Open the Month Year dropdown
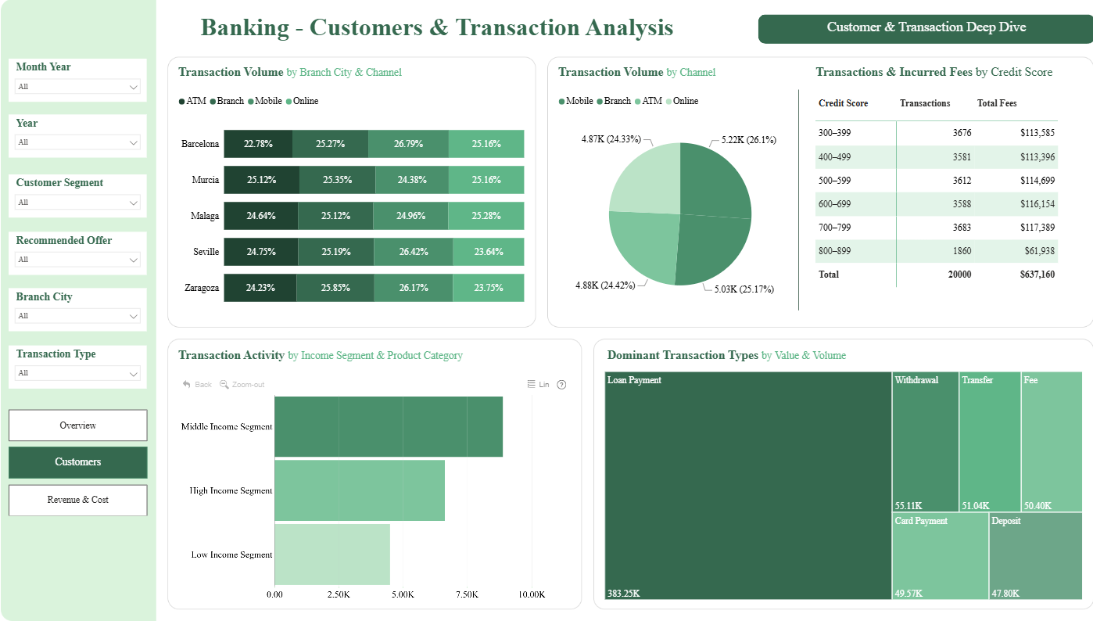[77, 86]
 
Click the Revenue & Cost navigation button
[77, 500]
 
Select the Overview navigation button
[77, 425]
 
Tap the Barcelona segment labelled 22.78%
[258, 144]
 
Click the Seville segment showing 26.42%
[414, 251]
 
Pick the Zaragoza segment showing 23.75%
[489, 288]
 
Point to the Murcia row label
[206, 180]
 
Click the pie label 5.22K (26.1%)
[748, 140]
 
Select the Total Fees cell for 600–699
[1037, 204]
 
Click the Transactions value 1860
[962, 251]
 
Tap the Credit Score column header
[843, 103]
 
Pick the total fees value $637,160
[1037, 275]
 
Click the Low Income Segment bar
[332, 554]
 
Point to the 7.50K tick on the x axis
[467, 594]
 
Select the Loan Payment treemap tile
[748, 486]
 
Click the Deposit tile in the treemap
[1035, 556]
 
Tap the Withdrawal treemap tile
[926, 442]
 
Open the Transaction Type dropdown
[77, 373]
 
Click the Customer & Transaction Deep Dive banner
[926, 29]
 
